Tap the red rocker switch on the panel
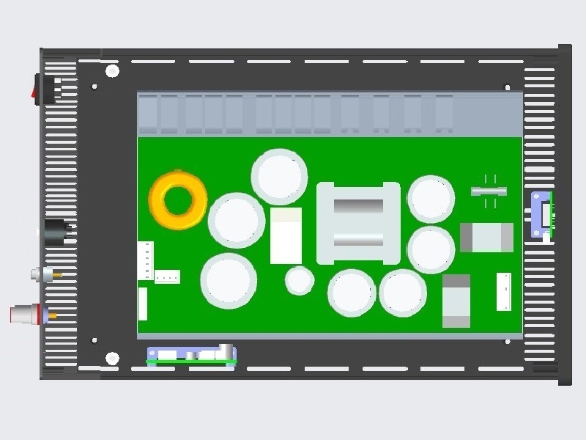tap(35, 87)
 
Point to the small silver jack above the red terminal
tap(44, 274)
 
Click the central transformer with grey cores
tap(358, 223)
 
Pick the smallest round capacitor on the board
tap(300, 280)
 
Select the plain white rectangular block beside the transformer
tap(286, 235)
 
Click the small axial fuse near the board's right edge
tap(489, 191)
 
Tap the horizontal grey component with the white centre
tap(486, 238)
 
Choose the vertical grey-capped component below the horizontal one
tap(456, 301)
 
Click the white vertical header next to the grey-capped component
tap(503, 291)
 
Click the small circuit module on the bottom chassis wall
tap(192, 355)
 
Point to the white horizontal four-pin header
tap(167, 276)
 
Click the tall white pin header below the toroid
tap(146, 260)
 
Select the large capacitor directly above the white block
tap(279, 176)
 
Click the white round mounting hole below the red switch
tap(112, 71)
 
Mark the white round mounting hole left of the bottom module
tap(112, 358)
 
